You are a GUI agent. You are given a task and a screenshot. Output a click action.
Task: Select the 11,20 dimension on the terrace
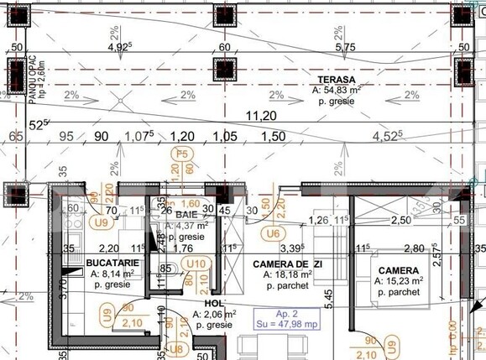(260, 115)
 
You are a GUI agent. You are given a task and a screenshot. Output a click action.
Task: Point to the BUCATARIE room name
(112, 263)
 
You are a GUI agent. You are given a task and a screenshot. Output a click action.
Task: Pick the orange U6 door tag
(272, 233)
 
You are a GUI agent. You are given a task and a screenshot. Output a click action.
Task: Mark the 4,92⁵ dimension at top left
(120, 48)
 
